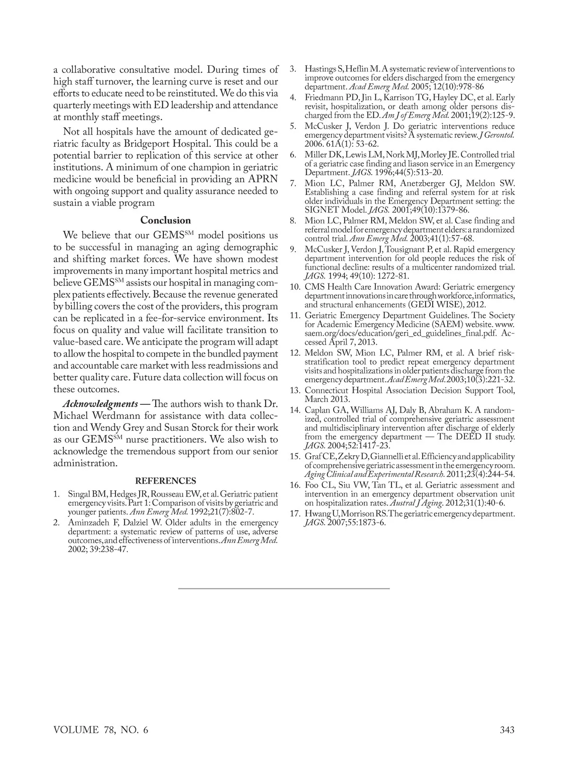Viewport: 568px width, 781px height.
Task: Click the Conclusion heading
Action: [x=165, y=221]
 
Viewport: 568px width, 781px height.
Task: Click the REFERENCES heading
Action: [x=165, y=481]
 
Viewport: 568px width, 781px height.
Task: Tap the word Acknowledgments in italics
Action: [x=100, y=404]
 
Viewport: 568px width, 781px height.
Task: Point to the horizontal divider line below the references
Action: [x=284, y=588]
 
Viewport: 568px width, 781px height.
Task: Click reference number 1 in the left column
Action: [x=56, y=495]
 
